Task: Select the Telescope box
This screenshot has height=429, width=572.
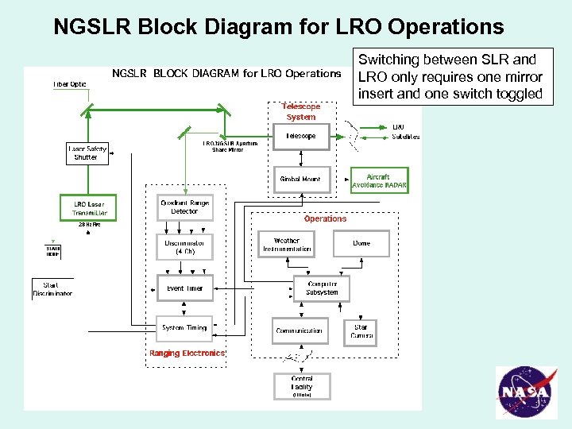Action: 300,136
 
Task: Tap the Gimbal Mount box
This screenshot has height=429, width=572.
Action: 300,180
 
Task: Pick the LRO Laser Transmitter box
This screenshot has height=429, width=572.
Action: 88,208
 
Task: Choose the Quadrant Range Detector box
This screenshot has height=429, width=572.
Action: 185,207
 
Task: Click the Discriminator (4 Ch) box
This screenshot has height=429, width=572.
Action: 184,246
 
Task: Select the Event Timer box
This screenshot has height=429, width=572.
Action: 184,288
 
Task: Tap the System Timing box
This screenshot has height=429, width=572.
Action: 184,327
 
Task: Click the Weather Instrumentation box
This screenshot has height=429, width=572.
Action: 287,245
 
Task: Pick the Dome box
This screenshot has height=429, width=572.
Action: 361,244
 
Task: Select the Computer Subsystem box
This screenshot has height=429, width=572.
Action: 322,288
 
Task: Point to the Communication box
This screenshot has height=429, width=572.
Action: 300,330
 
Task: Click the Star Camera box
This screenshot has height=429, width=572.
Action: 361,330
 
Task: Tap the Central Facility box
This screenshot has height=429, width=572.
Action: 301,386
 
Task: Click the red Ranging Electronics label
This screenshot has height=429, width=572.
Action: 187,354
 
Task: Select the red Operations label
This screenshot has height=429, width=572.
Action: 325,218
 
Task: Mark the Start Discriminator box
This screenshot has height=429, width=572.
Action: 52,288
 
